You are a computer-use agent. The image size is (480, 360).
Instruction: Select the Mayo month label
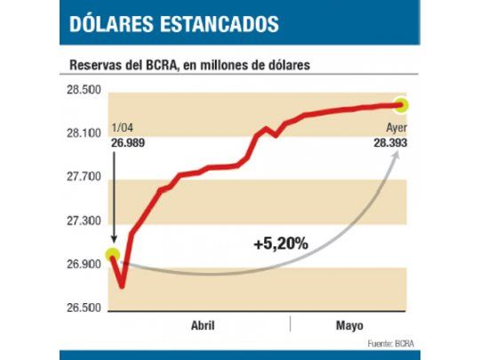349,325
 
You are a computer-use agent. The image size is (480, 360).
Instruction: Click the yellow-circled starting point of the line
113,256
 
